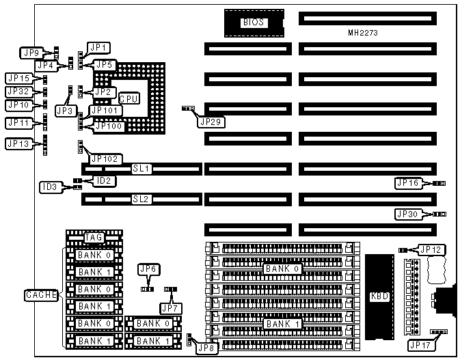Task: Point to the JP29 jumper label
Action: (208, 122)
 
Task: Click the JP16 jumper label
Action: (408, 183)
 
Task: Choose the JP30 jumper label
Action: (408, 214)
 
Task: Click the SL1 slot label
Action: (141, 168)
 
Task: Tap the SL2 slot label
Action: (141, 199)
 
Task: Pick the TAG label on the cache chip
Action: (94, 238)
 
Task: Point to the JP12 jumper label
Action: (430, 249)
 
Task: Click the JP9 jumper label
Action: (32, 51)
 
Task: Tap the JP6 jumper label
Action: (148, 270)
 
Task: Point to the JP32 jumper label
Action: (18, 92)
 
